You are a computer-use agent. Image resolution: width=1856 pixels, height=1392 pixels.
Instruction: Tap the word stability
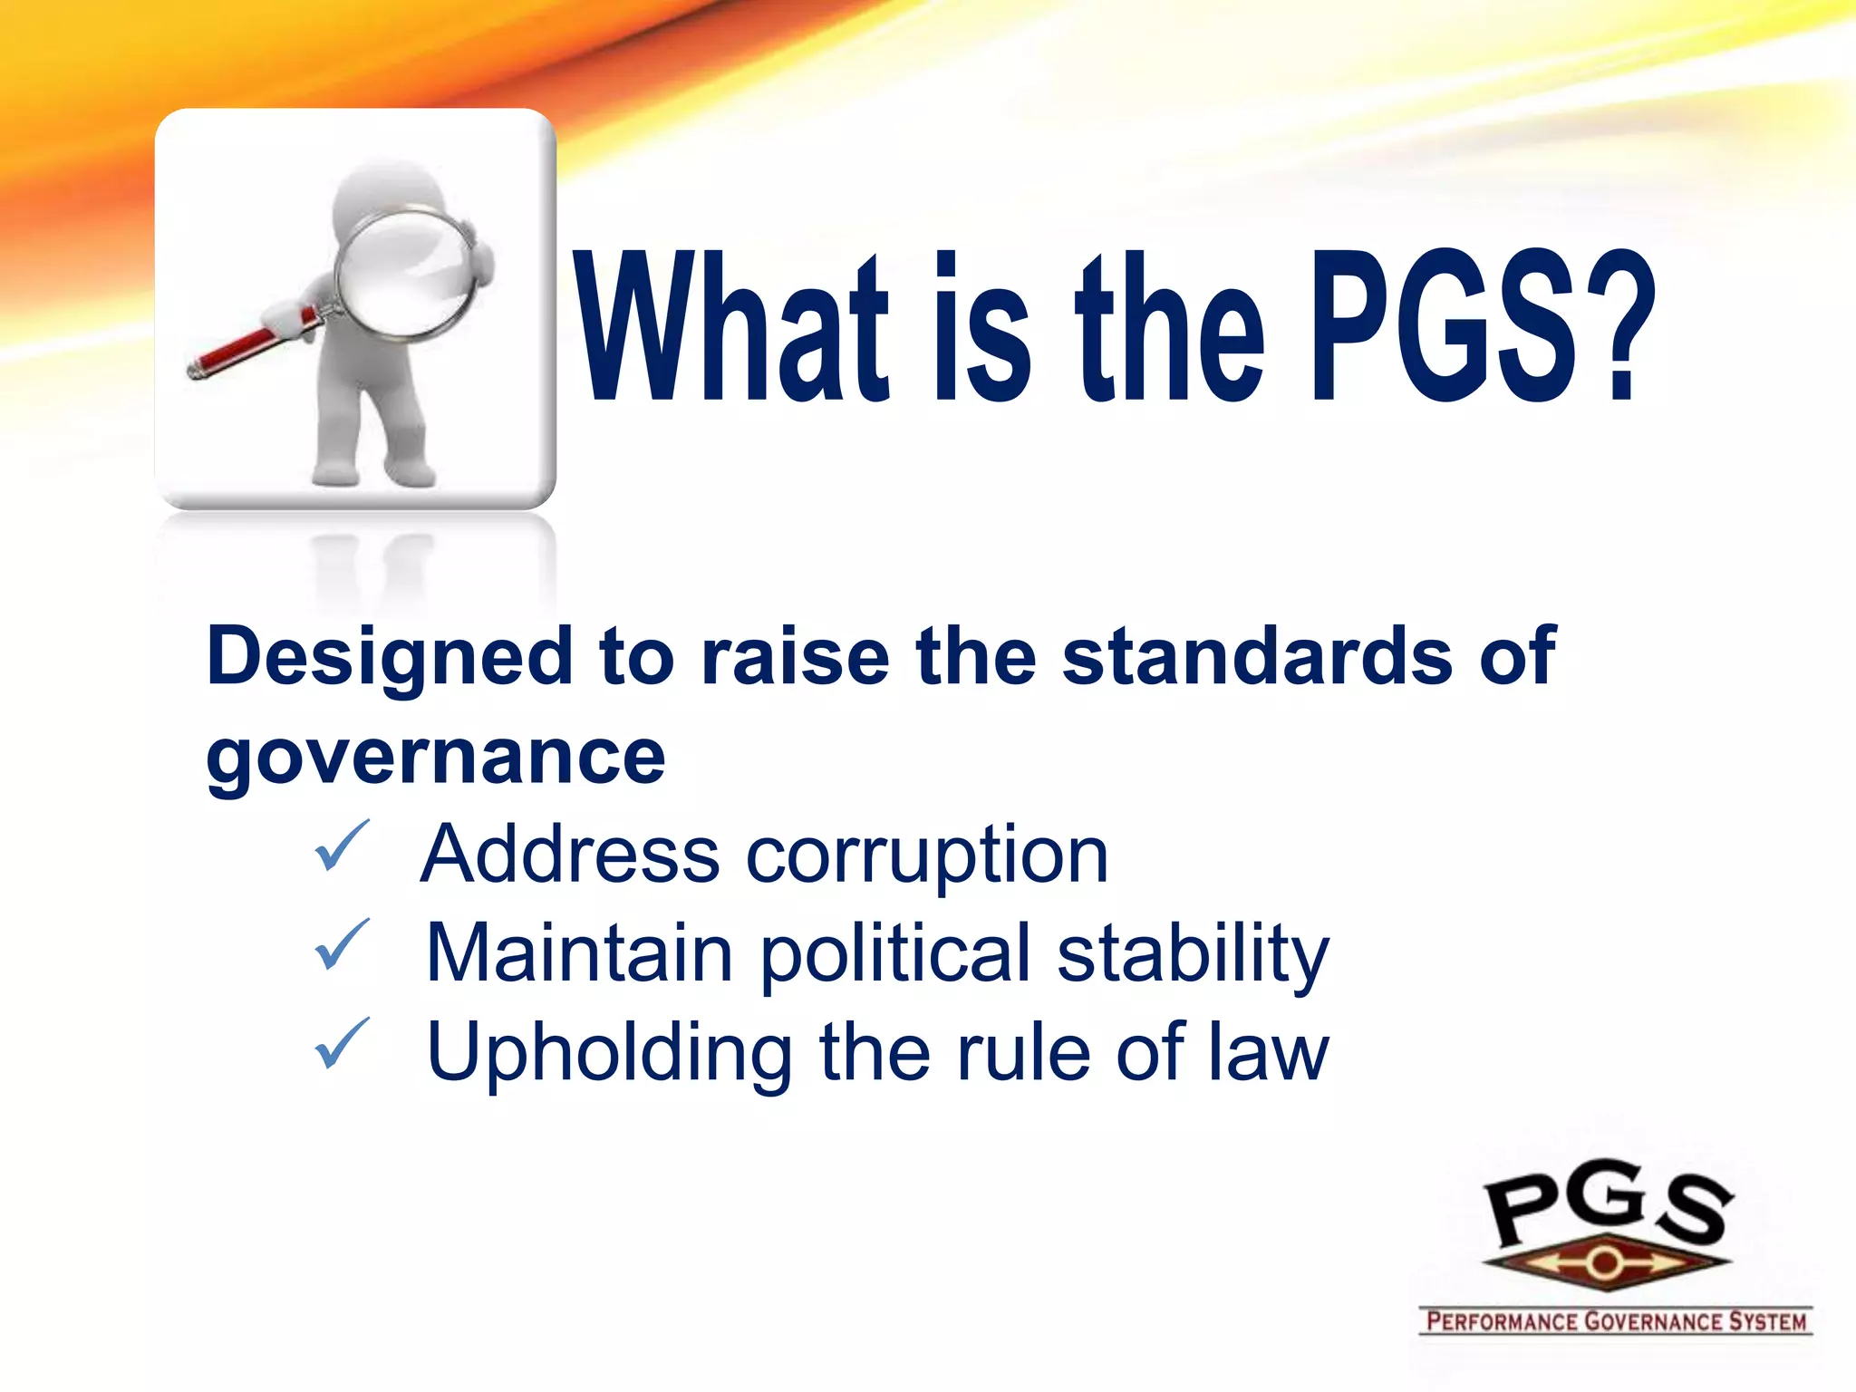(x=1193, y=953)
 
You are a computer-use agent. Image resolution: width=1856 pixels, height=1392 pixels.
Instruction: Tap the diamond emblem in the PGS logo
(x=1605, y=1262)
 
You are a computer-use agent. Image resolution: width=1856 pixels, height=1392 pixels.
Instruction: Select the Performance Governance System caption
(x=1615, y=1321)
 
